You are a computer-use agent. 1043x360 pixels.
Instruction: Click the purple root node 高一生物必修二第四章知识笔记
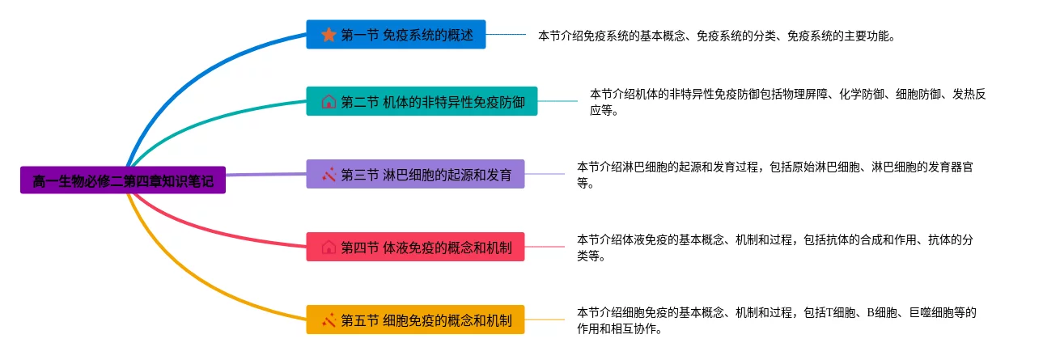pos(123,180)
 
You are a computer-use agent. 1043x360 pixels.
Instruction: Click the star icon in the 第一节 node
pos(329,35)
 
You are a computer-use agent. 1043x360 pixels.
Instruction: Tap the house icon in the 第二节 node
pos(329,102)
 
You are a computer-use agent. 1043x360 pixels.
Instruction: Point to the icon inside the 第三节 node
pos(329,174)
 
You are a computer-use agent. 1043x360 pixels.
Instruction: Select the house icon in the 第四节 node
pos(329,247)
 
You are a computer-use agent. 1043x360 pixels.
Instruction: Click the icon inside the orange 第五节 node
pos(329,320)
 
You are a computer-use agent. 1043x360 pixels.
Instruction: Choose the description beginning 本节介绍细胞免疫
pos(777,320)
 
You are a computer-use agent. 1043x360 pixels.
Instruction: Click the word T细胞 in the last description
pos(837,312)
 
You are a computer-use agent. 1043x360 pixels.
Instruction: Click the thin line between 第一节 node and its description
pos(506,35)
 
